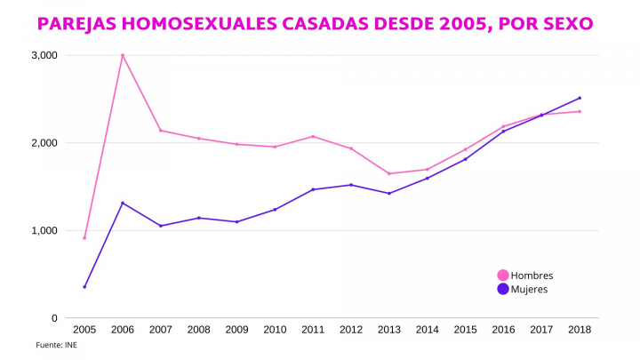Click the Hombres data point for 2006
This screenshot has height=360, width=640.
(123, 55)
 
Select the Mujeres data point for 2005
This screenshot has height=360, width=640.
(84, 286)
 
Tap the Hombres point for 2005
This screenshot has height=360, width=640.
(84, 237)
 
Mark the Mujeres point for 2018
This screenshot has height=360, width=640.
(580, 98)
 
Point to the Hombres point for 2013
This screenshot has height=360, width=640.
(388, 173)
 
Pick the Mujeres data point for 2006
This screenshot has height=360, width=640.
(123, 203)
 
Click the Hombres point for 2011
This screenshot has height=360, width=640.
(313, 136)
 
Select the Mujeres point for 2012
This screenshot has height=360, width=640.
(351, 185)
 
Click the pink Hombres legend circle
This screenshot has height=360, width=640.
(503, 276)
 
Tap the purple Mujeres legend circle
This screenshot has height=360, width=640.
(503, 289)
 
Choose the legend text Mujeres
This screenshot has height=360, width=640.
(530, 289)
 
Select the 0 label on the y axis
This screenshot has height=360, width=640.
(53, 318)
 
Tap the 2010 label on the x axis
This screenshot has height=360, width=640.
(275, 330)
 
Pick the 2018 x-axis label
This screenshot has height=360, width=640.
(580, 330)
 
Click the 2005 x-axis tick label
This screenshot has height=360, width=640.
(84, 330)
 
